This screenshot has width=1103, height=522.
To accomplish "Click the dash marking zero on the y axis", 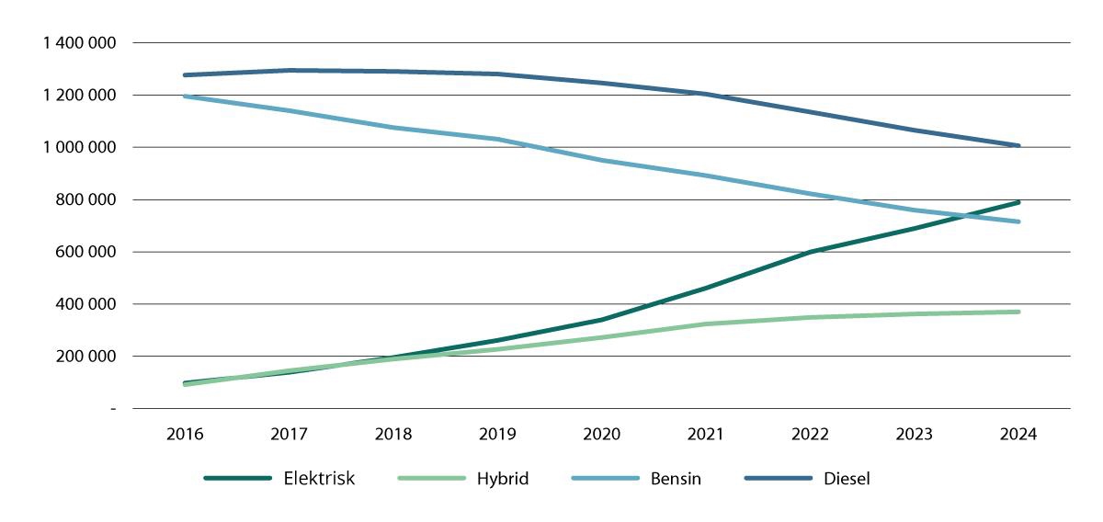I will (113, 408).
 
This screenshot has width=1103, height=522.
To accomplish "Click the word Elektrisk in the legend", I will (320, 479).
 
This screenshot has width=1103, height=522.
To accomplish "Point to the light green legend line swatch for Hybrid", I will (431, 479).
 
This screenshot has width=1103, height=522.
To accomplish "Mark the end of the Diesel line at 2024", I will (1018, 145).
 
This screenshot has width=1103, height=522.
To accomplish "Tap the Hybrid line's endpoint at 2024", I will (1018, 312).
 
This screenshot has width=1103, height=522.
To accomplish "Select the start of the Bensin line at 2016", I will (187, 96).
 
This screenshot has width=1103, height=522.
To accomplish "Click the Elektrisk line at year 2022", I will (810, 251).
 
